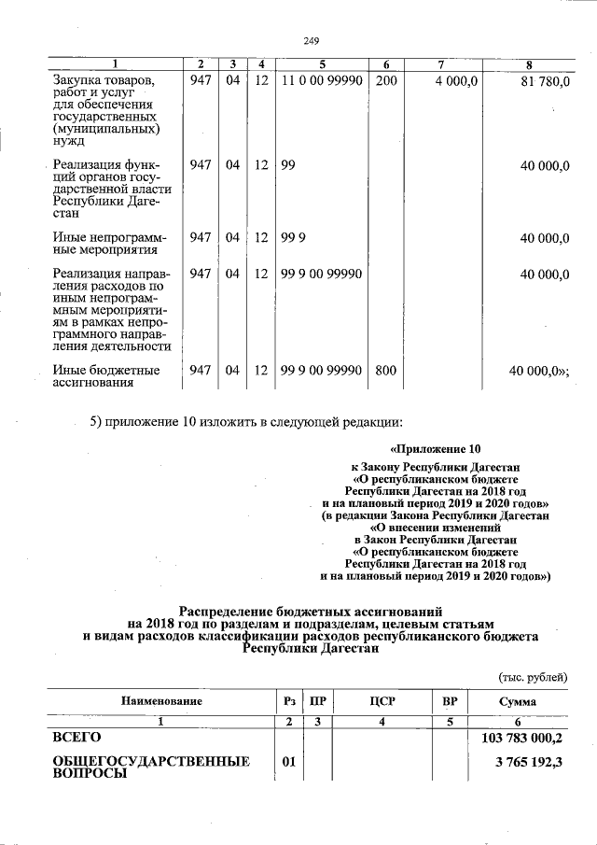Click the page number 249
click(312, 40)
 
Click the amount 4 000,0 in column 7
click(456, 82)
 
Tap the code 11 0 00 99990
click(321, 82)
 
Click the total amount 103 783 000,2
click(521, 738)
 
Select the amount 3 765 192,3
click(529, 763)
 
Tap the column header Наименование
click(160, 701)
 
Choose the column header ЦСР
click(382, 701)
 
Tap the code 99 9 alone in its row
click(292, 238)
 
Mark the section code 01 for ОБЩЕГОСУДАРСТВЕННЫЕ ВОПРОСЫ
click(289, 763)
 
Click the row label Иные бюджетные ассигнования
click(104, 376)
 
